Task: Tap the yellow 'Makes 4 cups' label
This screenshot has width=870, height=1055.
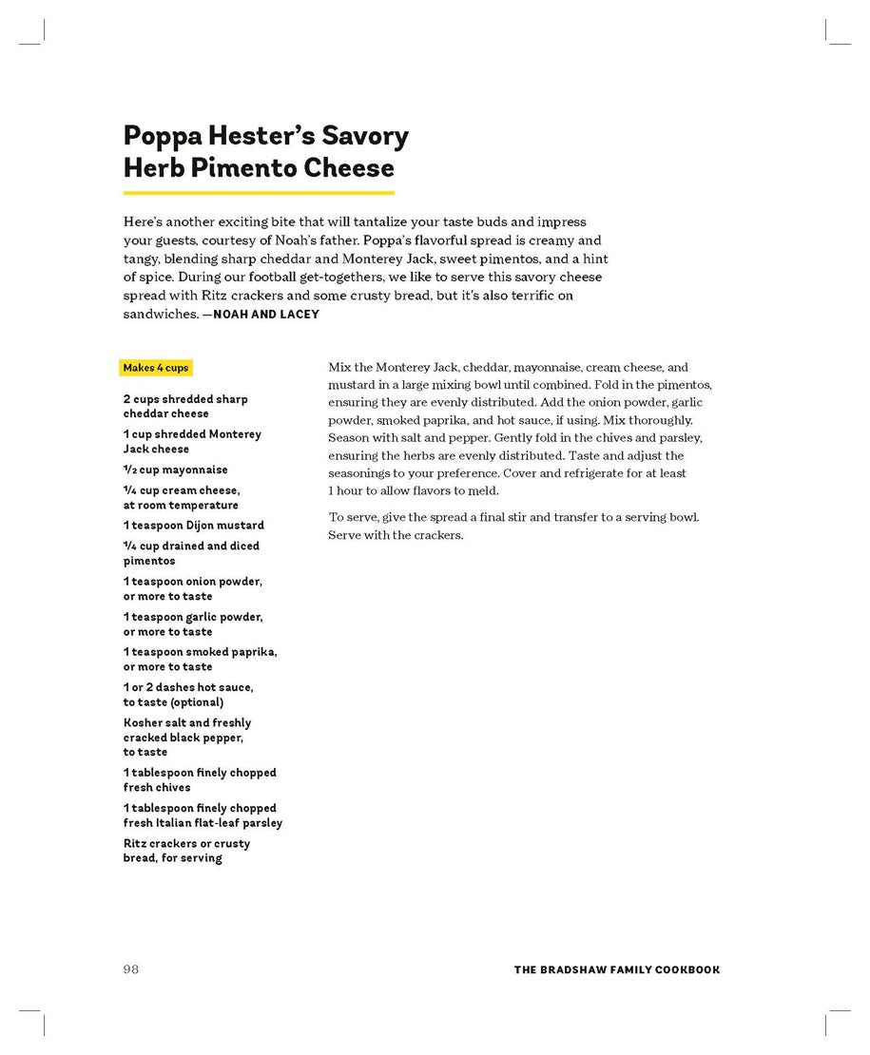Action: click(x=156, y=368)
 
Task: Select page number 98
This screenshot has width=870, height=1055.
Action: click(x=131, y=969)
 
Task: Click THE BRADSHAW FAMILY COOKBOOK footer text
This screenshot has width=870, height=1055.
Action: click(x=616, y=970)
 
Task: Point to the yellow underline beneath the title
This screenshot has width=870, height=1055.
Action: click(x=259, y=192)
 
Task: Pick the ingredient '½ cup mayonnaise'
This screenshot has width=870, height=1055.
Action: click(x=175, y=470)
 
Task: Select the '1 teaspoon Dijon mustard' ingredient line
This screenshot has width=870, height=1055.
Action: click(x=193, y=526)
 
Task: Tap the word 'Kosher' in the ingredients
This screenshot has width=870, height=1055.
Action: click(x=143, y=723)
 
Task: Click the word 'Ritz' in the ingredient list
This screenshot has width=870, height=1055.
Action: click(x=136, y=844)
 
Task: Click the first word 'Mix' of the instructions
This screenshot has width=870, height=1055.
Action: click(x=339, y=368)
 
